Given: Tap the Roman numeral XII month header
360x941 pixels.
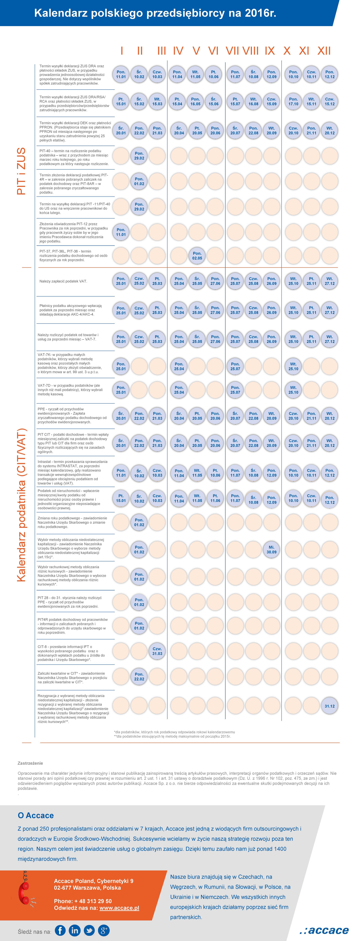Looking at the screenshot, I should tap(324, 51).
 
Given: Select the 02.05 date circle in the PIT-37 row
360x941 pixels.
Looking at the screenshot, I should tap(197, 256).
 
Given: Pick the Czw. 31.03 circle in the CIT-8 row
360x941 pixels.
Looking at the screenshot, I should tap(157, 651).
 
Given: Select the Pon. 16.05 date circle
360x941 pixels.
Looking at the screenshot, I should tap(196, 101).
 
